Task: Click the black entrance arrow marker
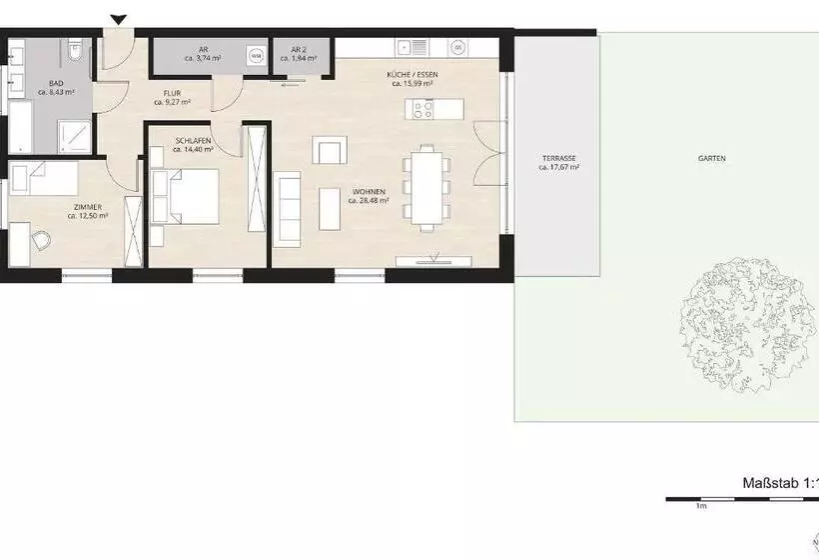click(x=119, y=19)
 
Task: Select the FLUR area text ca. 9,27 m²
click(x=172, y=101)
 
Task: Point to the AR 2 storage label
click(x=298, y=49)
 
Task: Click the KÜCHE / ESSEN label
click(x=412, y=75)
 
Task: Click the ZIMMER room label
click(x=87, y=207)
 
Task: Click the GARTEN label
click(x=712, y=159)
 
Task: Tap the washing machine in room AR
click(x=257, y=55)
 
